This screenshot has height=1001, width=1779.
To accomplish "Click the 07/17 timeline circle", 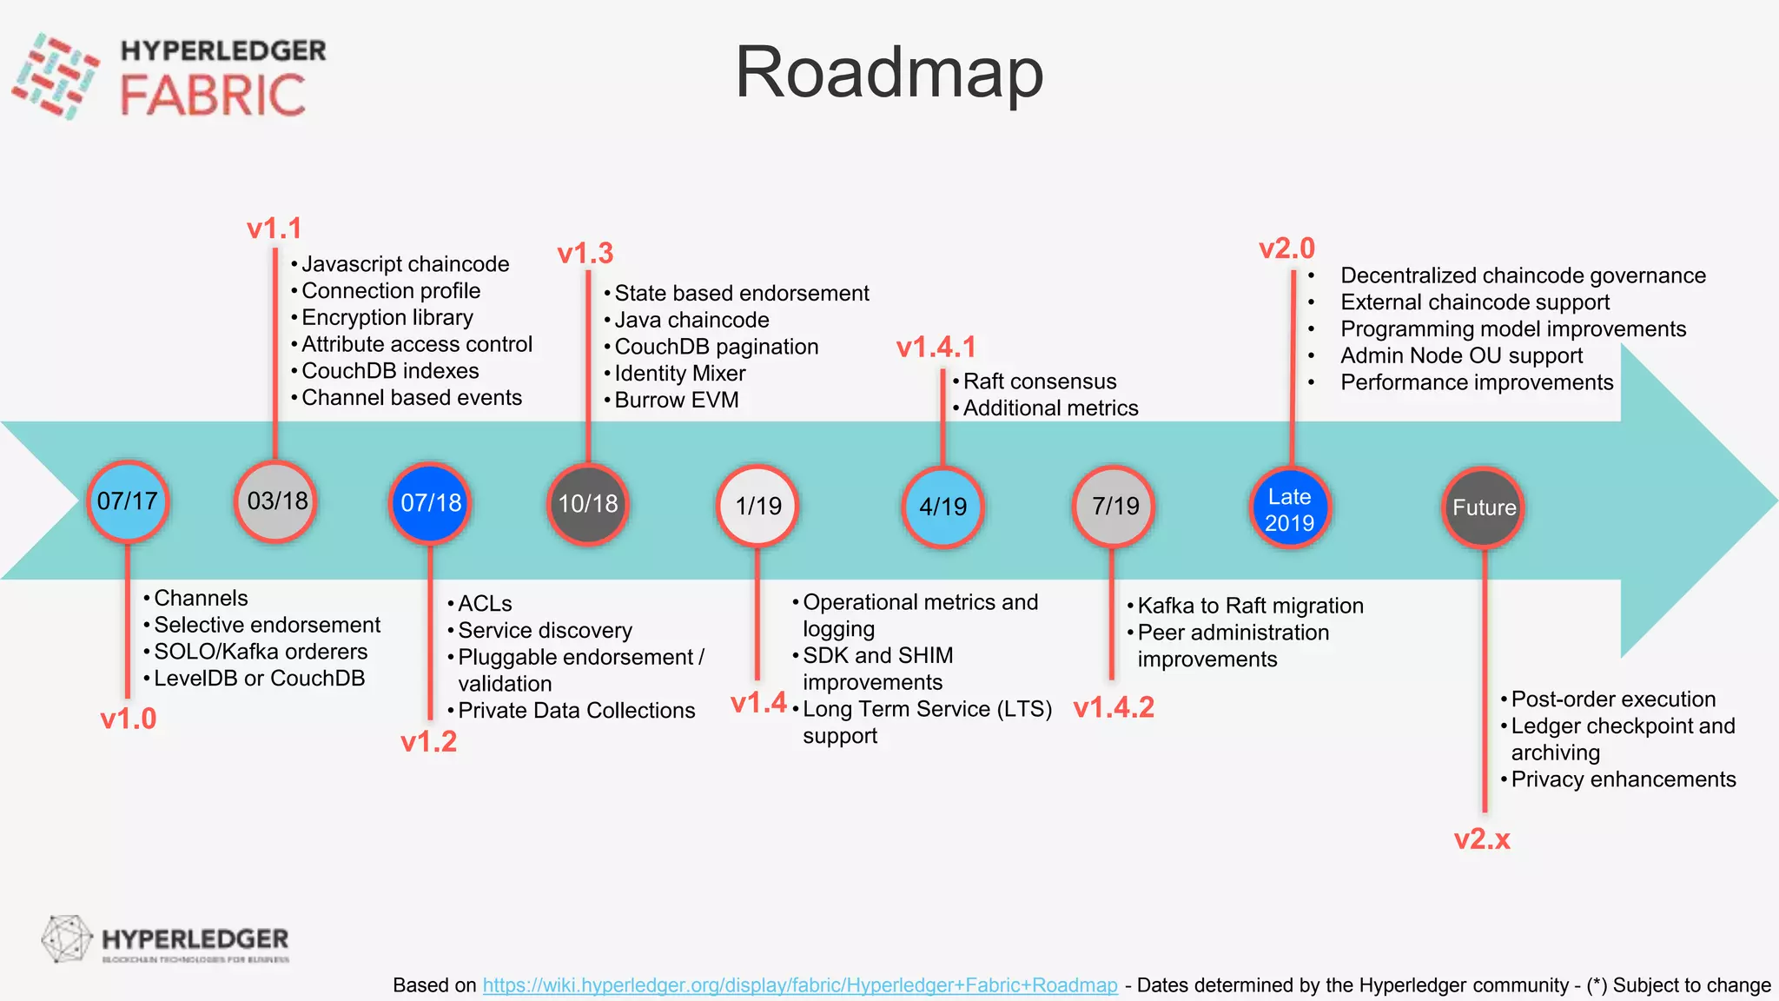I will [128, 501].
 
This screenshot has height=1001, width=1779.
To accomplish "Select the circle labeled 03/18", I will [276, 501].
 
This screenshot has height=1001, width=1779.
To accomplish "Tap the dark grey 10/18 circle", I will [588, 504].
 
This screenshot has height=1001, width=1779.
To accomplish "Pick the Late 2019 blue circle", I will [1289, 509].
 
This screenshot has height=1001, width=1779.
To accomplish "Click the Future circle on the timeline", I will [1484, 507].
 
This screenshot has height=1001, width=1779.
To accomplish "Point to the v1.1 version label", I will [274, 229].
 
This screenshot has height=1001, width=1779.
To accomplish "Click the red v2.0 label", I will [1286, 249].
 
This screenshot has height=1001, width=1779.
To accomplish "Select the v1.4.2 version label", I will [1114, 708].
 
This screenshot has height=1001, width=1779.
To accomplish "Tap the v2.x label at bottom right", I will [1482, 839].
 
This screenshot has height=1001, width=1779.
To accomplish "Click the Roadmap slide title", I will [889, 73].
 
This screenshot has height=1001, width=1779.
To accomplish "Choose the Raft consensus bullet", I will [1039, 381].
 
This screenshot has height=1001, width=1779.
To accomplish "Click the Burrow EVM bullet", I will [676, 401].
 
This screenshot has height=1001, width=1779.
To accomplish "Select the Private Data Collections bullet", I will [576, 711].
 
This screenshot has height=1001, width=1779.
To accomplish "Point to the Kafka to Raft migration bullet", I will [1250, 606].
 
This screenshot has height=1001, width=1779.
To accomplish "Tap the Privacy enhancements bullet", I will [1623, 779].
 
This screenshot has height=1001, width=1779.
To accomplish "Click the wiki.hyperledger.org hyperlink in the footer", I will [800, 985].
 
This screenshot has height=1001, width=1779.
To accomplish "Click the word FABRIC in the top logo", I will [213, 96].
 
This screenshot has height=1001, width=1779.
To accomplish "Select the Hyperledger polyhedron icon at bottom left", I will [66, 939].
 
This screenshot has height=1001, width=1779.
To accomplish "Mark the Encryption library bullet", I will [387, 318].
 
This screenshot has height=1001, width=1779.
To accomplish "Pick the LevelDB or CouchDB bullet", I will [259, 679].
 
